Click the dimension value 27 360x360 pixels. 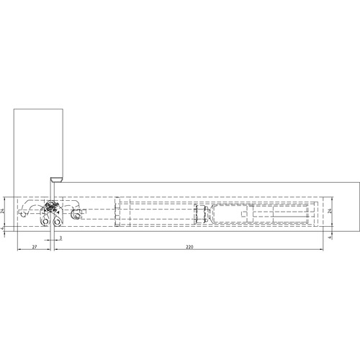[35, 247]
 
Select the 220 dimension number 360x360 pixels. [189, 247]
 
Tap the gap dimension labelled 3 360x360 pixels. [60, 238]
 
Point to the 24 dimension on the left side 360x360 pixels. [3, 211]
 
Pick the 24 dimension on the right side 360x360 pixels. [330, 211]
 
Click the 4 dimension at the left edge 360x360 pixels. [3, 229]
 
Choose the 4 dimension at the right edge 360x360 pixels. [330, 238]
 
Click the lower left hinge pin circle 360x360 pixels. [45, 222]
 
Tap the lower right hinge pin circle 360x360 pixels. [57, 222]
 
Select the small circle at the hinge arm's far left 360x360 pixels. [23, 215]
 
